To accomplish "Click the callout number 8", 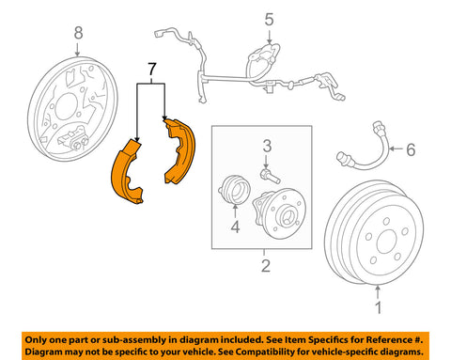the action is coord(78,33).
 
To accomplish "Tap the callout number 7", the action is coord(151,70).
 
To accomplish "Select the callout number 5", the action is coord(269,20).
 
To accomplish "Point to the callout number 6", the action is coord(411,149).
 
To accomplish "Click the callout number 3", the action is coord(267,147).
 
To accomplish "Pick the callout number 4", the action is coord(235,227).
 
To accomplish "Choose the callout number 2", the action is coord(266,266).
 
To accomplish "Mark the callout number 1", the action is coord(379,307).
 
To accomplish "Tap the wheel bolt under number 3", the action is coord(270,176).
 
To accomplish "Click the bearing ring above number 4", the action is coord(234,189).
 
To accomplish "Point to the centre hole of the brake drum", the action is coord(387,242).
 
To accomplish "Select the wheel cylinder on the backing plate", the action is coord(73,138).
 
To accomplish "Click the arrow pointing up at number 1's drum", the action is coord(378,292).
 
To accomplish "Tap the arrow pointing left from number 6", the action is coord(397,149).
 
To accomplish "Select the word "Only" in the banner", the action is coord(36,340).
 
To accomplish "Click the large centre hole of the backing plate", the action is coord(67,106).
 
